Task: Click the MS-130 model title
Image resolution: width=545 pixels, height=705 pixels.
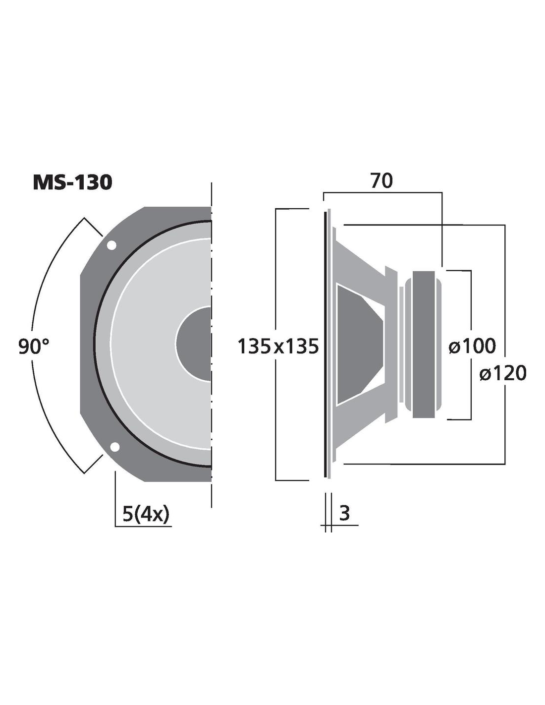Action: pos(72,182)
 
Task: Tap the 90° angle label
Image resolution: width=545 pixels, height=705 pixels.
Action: pos(34,346)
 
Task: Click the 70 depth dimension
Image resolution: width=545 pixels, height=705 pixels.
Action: pos(381,180)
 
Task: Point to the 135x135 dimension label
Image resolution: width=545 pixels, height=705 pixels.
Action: pos(278,346)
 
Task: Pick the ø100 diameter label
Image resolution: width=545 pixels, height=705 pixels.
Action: pos(472,346)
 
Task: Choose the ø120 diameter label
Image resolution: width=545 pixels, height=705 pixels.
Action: pos(502,373)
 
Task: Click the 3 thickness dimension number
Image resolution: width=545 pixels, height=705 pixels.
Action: pos(344,513)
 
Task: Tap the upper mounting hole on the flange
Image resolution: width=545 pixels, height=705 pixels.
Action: pos(111,245)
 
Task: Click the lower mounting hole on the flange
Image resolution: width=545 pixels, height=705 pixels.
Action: pos(115,447)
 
